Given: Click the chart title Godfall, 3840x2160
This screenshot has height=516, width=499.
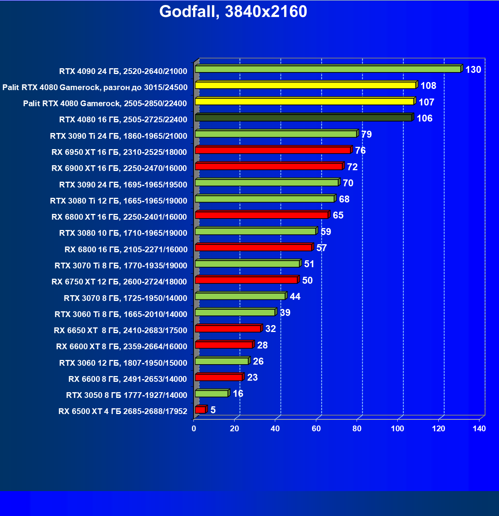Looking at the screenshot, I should (233, 12).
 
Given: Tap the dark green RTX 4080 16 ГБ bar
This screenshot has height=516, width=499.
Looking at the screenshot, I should (303, 118).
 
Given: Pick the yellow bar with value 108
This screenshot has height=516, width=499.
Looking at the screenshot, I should (305, 85).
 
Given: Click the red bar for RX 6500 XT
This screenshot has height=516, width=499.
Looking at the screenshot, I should (200, 410).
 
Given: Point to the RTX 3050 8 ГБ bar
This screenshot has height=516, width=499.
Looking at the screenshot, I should (211, 394).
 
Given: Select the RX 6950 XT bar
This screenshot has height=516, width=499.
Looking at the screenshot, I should (273, 150).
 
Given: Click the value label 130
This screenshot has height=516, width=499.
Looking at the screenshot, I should (473, 69).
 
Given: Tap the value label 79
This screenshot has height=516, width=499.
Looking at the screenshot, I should (366, 134).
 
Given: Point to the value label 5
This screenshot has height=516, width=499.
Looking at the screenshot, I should (213, 410).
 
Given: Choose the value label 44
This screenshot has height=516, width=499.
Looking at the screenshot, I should (295, 296).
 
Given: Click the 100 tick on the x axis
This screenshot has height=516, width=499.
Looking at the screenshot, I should (398, 429).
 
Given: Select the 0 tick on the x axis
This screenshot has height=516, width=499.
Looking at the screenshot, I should (194, 429).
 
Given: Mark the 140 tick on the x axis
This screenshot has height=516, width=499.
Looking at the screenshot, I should (479, 429).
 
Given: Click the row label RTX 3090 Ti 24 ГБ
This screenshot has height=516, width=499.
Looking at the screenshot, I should (119, 136).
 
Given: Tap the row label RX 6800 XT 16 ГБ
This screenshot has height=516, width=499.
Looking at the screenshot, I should (119, 217).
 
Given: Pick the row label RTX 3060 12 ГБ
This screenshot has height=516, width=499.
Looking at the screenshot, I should (123, 363).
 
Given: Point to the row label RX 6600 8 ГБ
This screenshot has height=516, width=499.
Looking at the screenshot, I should (128, 379).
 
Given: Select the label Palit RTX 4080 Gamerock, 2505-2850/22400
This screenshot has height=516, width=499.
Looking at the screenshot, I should (105, 103).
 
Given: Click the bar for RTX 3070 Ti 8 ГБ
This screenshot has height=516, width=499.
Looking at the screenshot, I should (247, 264).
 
